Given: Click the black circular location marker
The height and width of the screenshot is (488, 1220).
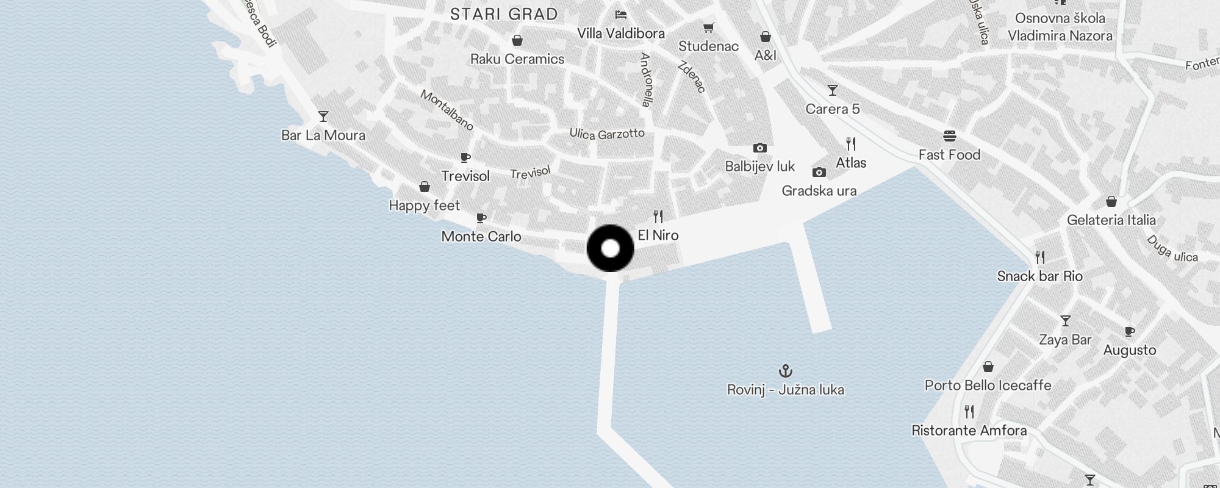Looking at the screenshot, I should [x=611, y=248].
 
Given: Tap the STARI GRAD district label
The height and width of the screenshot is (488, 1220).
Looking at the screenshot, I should [x=504, y=15].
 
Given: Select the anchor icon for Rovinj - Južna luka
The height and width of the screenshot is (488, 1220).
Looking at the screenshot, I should [x=786, y=370].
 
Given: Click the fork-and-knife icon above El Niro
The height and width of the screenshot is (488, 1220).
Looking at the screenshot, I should [x=658, y=217].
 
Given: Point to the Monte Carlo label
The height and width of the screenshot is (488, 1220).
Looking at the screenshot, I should [x=481, y=237].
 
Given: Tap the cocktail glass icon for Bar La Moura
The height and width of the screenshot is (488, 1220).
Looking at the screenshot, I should [x=323, y=116].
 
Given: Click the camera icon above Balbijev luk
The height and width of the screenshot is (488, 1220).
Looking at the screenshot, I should [x=759, y=148].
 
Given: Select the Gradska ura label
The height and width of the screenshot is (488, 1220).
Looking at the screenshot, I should [x=819, y=191].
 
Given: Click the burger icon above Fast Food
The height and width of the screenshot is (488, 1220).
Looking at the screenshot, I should [x=949, y=136].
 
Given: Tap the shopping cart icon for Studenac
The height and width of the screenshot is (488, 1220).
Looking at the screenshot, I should [x=708, y=28].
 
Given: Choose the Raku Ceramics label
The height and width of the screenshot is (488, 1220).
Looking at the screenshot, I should [x=517, y=59].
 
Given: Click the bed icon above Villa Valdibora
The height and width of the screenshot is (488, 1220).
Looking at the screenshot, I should [x=621, y=15].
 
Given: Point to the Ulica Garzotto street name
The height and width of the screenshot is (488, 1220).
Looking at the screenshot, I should [x=607, y=134].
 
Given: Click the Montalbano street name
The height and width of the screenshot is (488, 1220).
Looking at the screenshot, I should [x=447, y=110].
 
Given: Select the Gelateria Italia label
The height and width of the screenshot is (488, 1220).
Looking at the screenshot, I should [x=1111, y=220].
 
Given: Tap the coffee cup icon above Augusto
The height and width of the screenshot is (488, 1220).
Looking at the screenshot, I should [x=1129, y=332].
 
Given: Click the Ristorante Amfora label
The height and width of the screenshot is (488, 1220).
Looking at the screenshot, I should [x=969, y=431].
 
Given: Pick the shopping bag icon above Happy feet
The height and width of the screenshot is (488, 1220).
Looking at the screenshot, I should [x=425, y=187].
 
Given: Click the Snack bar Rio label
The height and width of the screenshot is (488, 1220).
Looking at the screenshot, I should [x=1039, y=276].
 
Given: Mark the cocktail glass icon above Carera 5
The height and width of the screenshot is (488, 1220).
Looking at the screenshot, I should [x=832, y=90].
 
